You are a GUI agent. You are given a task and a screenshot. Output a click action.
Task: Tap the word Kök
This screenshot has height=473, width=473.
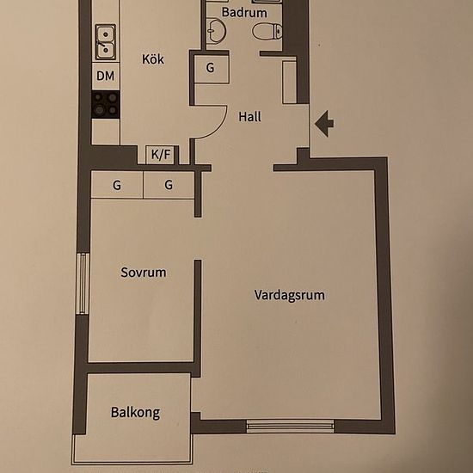pos(153,59)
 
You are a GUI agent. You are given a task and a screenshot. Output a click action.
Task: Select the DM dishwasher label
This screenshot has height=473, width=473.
pos(105,77)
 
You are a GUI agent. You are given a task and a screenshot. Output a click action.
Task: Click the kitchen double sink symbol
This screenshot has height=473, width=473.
pos(106,40)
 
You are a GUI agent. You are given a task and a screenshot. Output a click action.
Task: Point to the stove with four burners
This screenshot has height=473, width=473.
pos(106,104)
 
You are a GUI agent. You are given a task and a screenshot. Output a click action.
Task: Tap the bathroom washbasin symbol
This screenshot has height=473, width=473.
pos(216,32)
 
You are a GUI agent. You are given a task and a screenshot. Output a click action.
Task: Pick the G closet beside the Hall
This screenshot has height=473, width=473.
pos(211,70)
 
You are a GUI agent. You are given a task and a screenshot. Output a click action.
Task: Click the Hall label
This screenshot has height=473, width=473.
pos(250,117)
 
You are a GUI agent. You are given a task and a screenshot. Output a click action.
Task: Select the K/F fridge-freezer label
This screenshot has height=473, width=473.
pos(161,155)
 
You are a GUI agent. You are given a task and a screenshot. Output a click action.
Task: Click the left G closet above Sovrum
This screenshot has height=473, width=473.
pos(116,185)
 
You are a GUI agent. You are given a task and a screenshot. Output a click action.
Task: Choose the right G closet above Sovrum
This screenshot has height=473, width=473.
pos(169,185)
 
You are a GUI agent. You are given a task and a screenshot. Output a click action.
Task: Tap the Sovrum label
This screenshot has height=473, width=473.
pos(143,273)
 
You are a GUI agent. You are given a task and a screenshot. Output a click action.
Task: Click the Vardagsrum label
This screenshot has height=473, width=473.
pos(289,295)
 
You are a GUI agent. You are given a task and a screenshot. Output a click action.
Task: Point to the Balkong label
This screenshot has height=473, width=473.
pos(135,413)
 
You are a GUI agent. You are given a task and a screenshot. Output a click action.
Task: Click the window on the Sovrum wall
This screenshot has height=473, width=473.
pos(83,284)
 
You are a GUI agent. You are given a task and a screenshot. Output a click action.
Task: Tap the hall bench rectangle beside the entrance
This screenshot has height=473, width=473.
pos(289,81)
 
